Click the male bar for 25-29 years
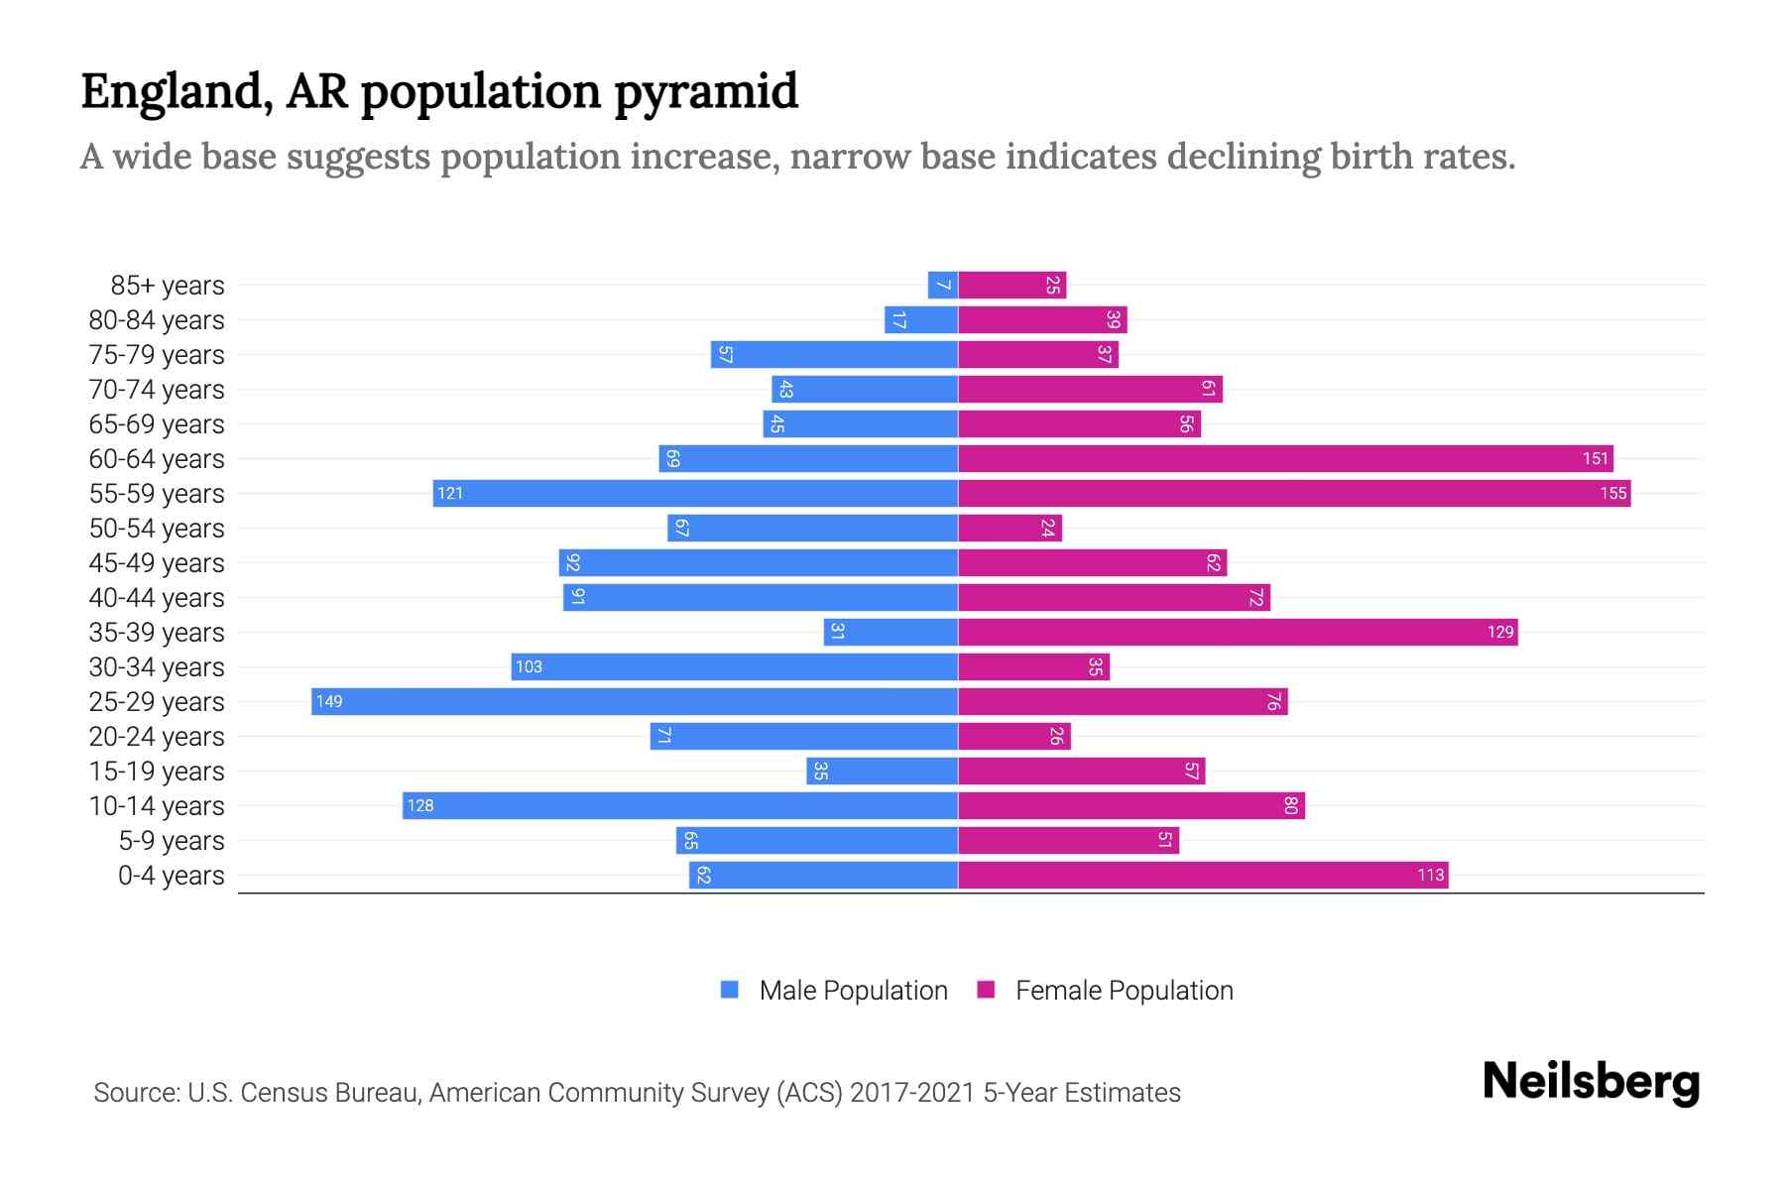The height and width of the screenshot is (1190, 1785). click(x=635, y=701)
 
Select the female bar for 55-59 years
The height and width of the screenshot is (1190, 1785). click(x=1294, y=493)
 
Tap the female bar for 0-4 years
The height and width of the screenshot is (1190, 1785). click(x=1203, y=875)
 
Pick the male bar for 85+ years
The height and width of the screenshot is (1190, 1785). click(x=942, y=285)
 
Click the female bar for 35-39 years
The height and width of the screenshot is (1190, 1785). click(x=1238, y=632)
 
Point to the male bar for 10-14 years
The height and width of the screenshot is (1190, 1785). click(x=680, y=805)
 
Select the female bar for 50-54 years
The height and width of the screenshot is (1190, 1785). click(x=1010, y=528)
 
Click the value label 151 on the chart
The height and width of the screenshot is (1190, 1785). click(x=1595, y=458)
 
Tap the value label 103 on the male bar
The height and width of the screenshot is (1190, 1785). click(x=529, y=666)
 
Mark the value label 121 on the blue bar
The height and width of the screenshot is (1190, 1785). click(x=450, y=493)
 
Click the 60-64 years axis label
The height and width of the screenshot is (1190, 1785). click(x=157, y=459)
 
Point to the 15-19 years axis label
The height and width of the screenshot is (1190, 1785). click(x=157, y=772)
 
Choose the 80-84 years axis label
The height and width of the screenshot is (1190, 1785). click(x=157, y=320)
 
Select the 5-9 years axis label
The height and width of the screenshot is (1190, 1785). click(x=172, y=841)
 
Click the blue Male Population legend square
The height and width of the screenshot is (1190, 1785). click(x=730, y=990)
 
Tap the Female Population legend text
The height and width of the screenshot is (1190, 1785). click(x=1124, y=990)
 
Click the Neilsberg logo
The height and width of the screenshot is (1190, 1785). click(x=1591, y=1082)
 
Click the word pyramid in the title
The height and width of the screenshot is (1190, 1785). click(x=705, y=92)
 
